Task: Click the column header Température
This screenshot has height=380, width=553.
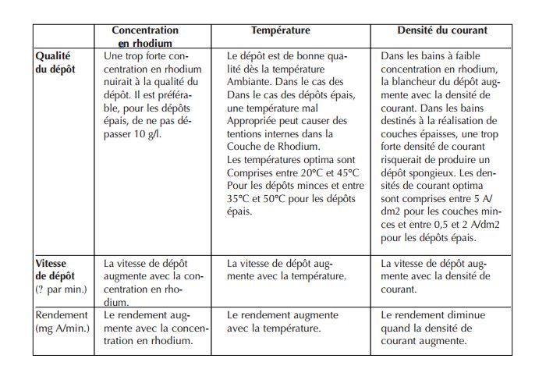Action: click(x=280, y=30)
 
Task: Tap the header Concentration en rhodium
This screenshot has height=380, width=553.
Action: click(x=145, y=37)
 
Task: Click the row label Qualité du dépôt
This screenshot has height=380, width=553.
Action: click(x=55, y=62)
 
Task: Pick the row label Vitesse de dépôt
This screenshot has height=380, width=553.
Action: click(x=55, y=269)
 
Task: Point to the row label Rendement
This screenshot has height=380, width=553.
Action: click(x=62, y=315)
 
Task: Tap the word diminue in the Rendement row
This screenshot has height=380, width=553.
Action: click(x=468, y=315)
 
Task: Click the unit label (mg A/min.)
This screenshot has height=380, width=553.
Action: click(x=62, y=328)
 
